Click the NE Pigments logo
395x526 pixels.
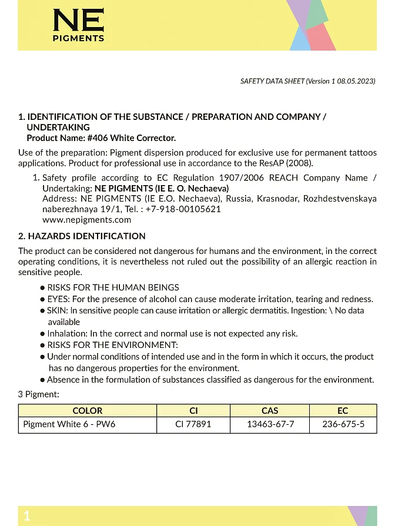(78, 25)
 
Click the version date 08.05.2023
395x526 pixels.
(354, 82)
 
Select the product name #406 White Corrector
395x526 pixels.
(131, 138)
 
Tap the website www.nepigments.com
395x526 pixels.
(86, 220)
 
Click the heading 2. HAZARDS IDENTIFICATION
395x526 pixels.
(82, 236)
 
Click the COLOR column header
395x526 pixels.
(87, 411)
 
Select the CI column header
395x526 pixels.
(193, 411)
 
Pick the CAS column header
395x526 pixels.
(269, 411)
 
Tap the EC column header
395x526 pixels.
(343, 411)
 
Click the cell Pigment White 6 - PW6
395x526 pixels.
(69, 424)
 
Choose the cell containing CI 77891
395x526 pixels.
(193, 424)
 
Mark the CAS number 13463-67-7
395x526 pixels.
(269, 424)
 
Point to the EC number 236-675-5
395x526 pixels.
(343, 424)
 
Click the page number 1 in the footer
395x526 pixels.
(26, 516)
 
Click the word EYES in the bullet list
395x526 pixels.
(58, 299)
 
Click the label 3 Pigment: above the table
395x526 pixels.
(39, 394)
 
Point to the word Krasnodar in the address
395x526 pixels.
(278, 199)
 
